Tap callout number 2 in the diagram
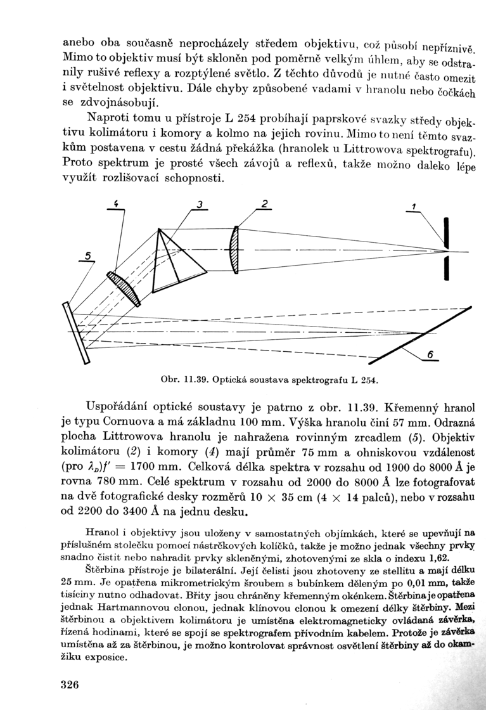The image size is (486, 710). click(265, 203)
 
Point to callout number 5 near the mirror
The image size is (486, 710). click(88, 255)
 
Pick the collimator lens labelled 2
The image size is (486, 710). click(235, 250)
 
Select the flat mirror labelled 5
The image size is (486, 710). click(75, 332)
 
